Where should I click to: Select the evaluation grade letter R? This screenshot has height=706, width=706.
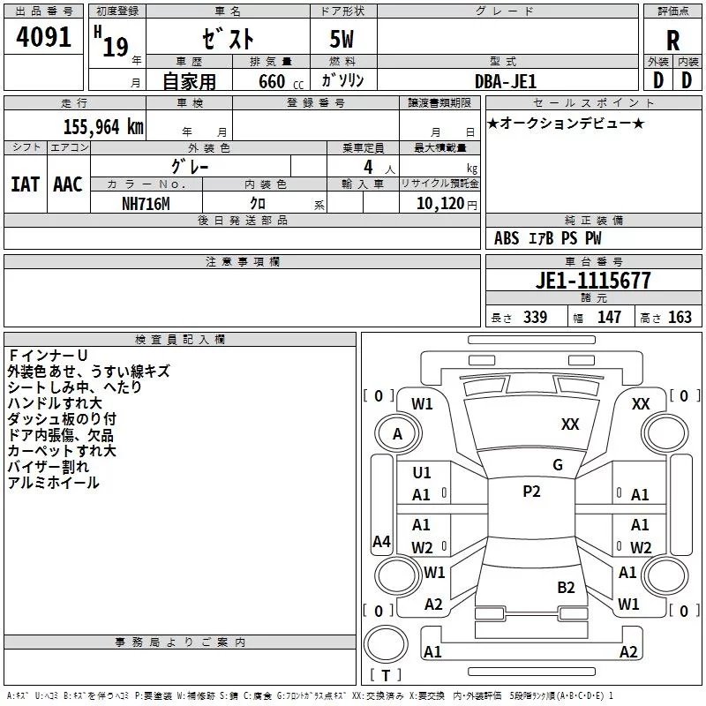[x=672, y=40]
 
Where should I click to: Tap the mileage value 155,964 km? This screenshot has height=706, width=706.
[x=103, y=126]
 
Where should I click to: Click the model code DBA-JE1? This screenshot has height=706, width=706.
[x=505, y=80]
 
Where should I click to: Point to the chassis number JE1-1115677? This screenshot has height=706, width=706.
[x=593, y=281]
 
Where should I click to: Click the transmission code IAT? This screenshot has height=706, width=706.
[x=25, y=184]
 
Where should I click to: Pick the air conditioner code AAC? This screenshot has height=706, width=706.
[x=68, y=184]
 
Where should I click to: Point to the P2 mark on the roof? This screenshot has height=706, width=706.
[x=531, y=492]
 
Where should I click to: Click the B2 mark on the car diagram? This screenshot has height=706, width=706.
[x=566, y=587]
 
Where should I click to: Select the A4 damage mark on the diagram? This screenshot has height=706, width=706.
[x=381, y=542]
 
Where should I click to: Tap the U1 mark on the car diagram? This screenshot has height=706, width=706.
[x=422, y=472]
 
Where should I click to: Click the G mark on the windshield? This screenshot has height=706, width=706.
[x=558, y=464]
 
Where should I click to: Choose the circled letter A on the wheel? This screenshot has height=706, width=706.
[x=397, y=434]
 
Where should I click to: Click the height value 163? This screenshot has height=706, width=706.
[x=680, y=318]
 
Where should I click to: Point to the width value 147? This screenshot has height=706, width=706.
[x=609, y=318]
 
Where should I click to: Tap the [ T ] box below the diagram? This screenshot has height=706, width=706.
[x=386, y=675]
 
